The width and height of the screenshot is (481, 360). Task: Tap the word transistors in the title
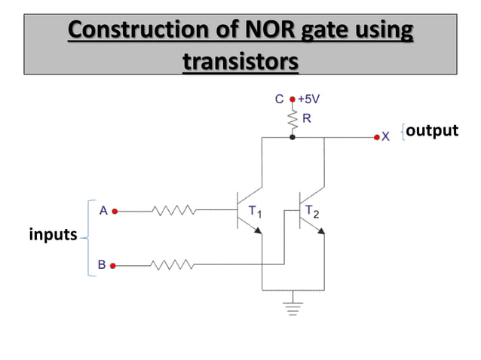tap(240, 59)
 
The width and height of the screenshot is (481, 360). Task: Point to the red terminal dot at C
tap(293, 99)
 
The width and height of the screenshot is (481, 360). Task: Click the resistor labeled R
tap(293, 119)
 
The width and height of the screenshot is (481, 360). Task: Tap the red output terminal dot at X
tap(376, 138)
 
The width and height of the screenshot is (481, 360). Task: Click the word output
tap(431, 130)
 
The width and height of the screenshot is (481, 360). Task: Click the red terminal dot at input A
tap(115, 212)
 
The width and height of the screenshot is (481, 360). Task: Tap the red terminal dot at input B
tap(114, 265)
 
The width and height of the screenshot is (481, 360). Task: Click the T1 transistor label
tap(255, 212)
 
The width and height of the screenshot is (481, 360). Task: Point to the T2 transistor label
tap(312, 212)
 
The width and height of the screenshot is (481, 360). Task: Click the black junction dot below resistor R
tap(293, 138)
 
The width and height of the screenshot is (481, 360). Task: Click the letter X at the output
tap(386, 137)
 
